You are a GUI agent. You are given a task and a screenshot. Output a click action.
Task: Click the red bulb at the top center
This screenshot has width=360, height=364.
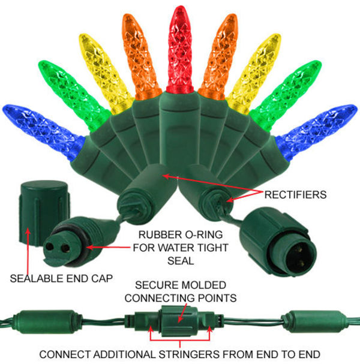180,49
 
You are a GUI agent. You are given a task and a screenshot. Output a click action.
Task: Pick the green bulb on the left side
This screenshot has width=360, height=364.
72,93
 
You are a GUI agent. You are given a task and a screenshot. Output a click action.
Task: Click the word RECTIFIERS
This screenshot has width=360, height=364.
295,195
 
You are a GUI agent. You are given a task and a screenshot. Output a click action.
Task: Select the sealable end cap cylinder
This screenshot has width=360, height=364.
44,212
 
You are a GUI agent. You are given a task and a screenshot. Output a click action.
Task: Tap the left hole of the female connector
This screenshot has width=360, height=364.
50,246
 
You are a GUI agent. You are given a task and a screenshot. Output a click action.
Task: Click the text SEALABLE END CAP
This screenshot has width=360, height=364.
61,278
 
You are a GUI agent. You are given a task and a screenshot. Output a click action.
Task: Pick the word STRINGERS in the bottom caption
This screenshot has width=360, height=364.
189,354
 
